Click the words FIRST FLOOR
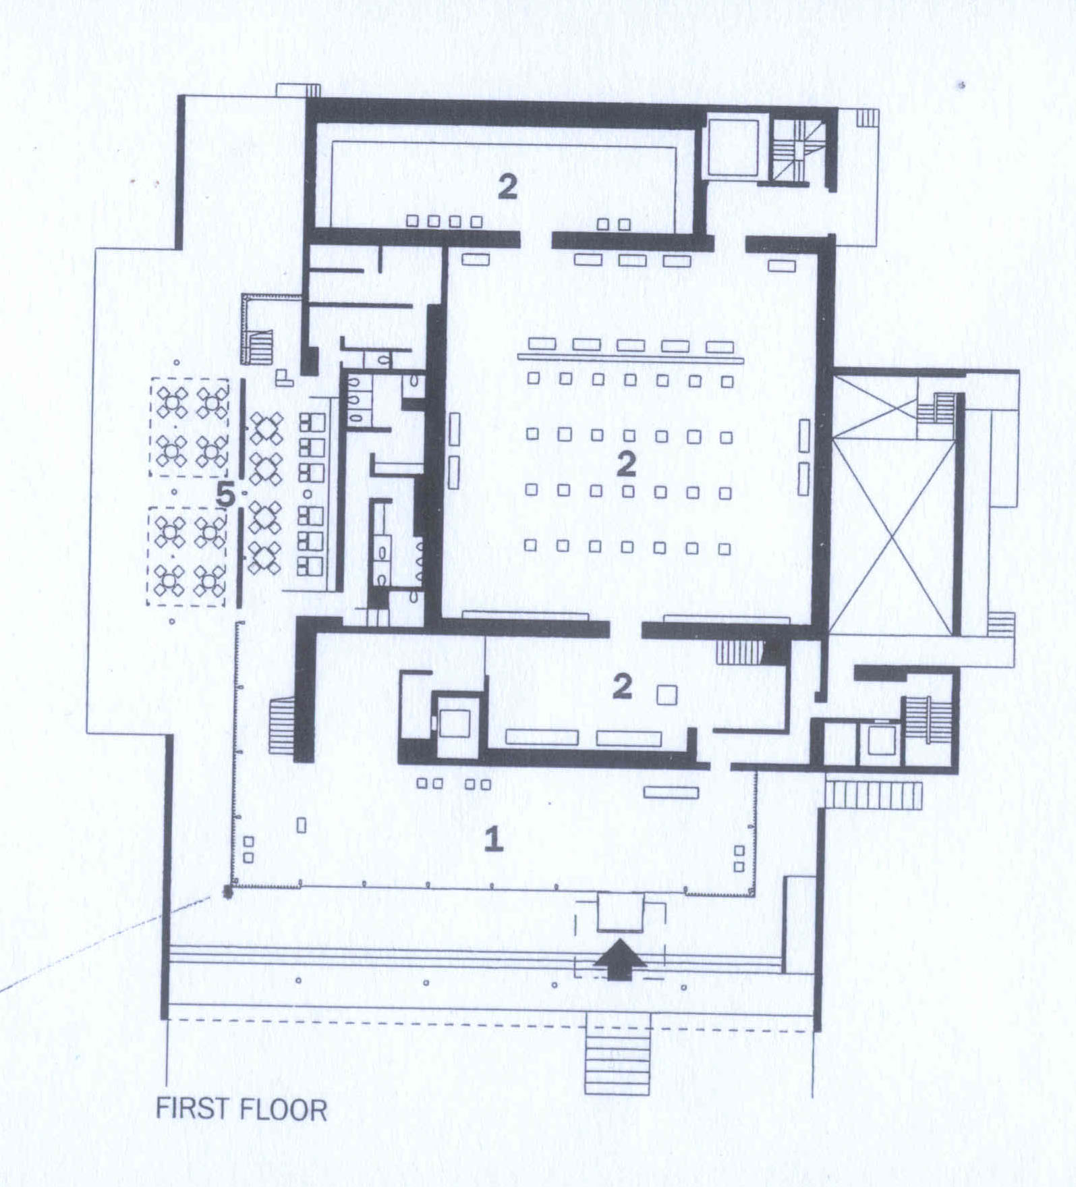click(x=242, y=1109)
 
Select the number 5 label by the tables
click(x=225, y=496)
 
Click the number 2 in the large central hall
click(x=626, y=464)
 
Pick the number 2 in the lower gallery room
click(x=622, y=686)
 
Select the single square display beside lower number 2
click(x=667, y=694)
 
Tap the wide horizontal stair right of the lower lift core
click(x=874, y=794)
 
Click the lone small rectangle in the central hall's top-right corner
click(x=781, y=266)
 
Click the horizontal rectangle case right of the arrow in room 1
click(x=670, y=792)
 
